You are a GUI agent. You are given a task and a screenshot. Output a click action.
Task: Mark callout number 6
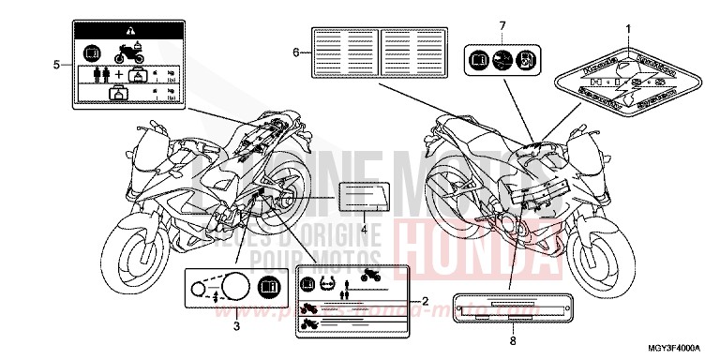[296, 52]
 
